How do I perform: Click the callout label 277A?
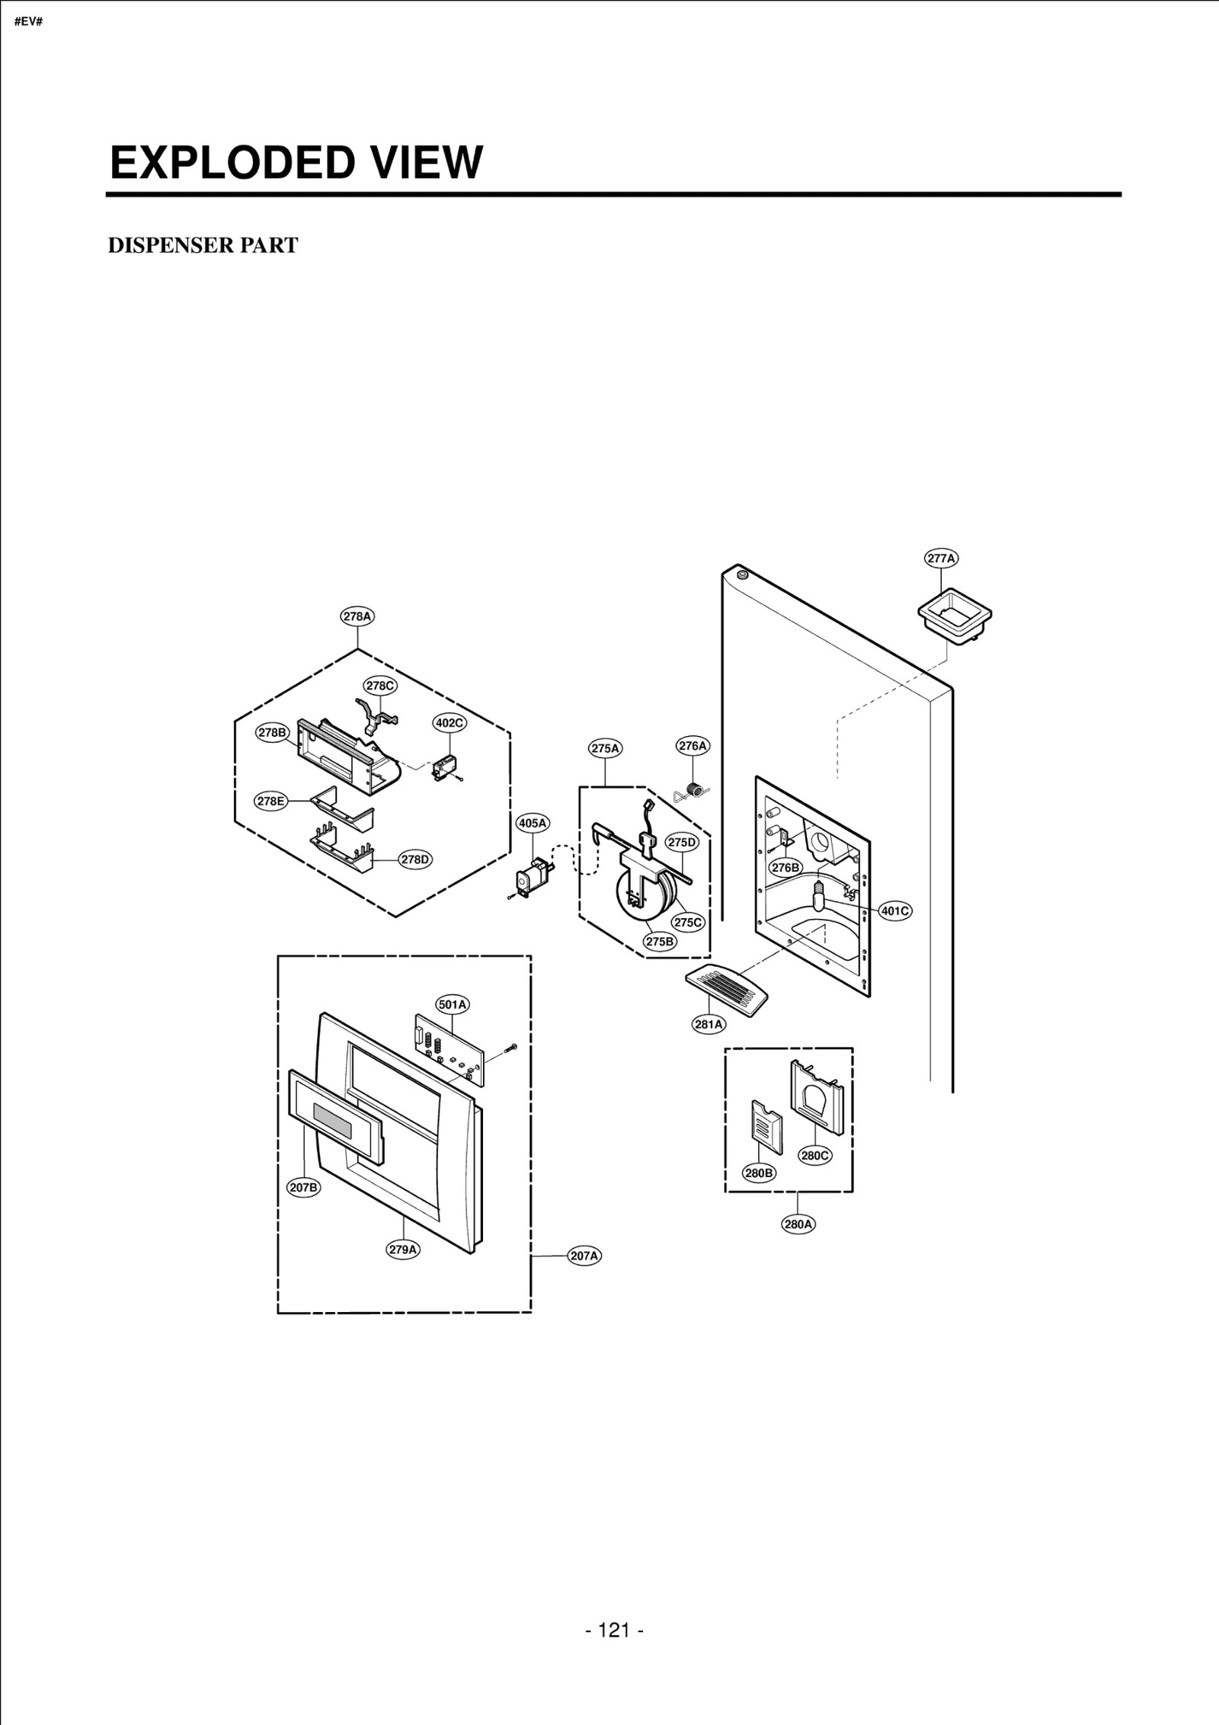point(942,558)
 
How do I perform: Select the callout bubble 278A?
point(357,616)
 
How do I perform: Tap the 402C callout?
point(450,722)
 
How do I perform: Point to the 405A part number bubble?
point(533,823)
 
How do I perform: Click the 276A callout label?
point(693,746)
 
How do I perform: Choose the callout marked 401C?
point(895,911)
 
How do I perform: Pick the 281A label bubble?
point(709,1024)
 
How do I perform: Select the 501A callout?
point(453,1004)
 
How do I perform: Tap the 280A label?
point(798,1224)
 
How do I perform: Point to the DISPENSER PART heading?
point(203,245)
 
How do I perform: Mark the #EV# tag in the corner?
point(28,21)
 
